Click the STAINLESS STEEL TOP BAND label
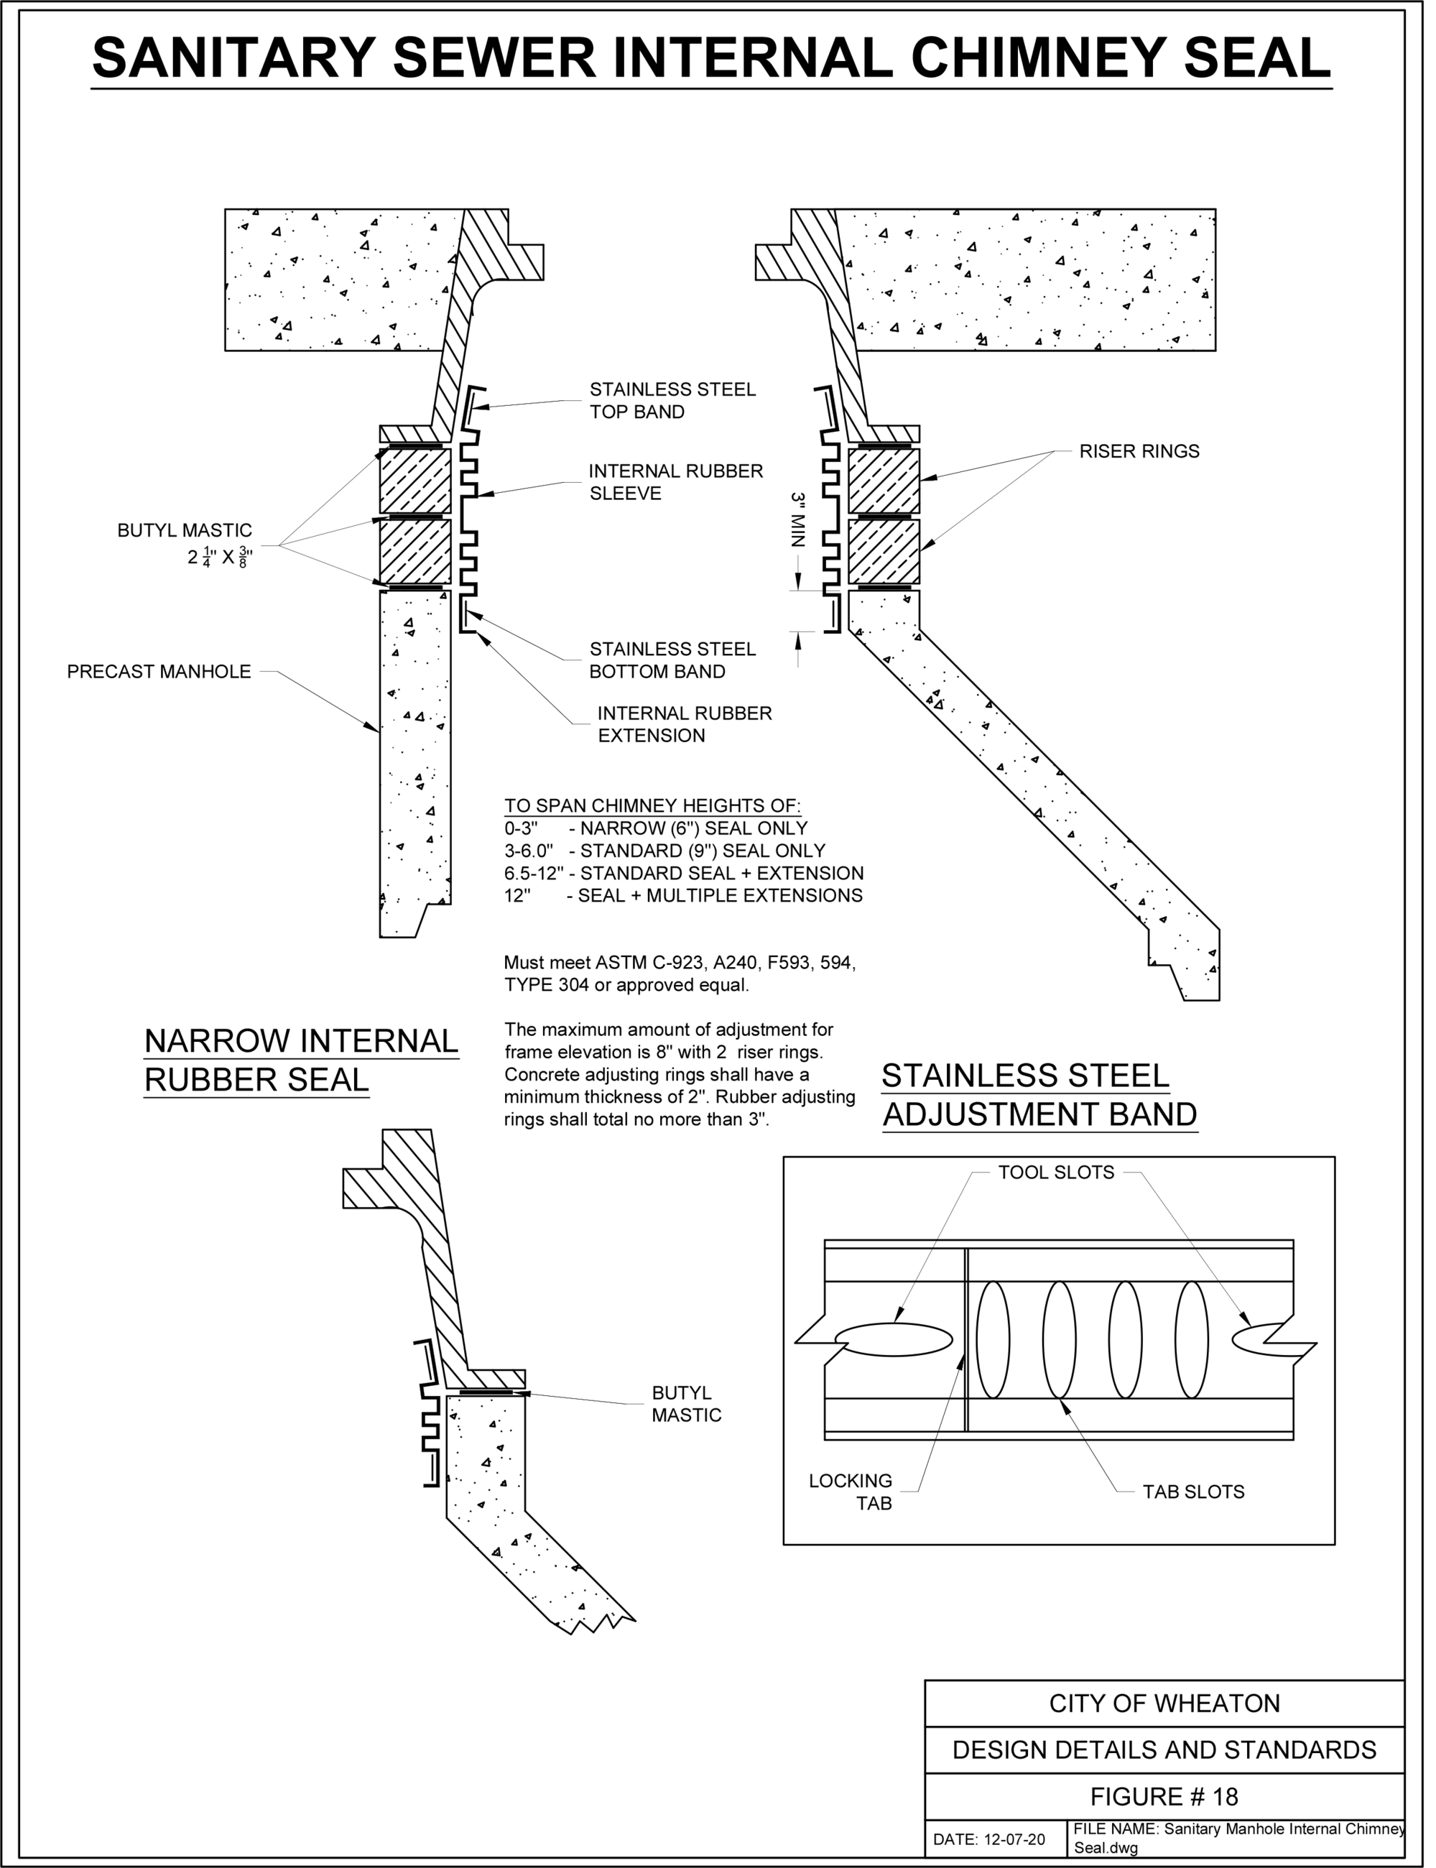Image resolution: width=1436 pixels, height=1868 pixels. [672, 401]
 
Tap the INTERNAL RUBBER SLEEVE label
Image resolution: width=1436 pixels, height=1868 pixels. [675, 482]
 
